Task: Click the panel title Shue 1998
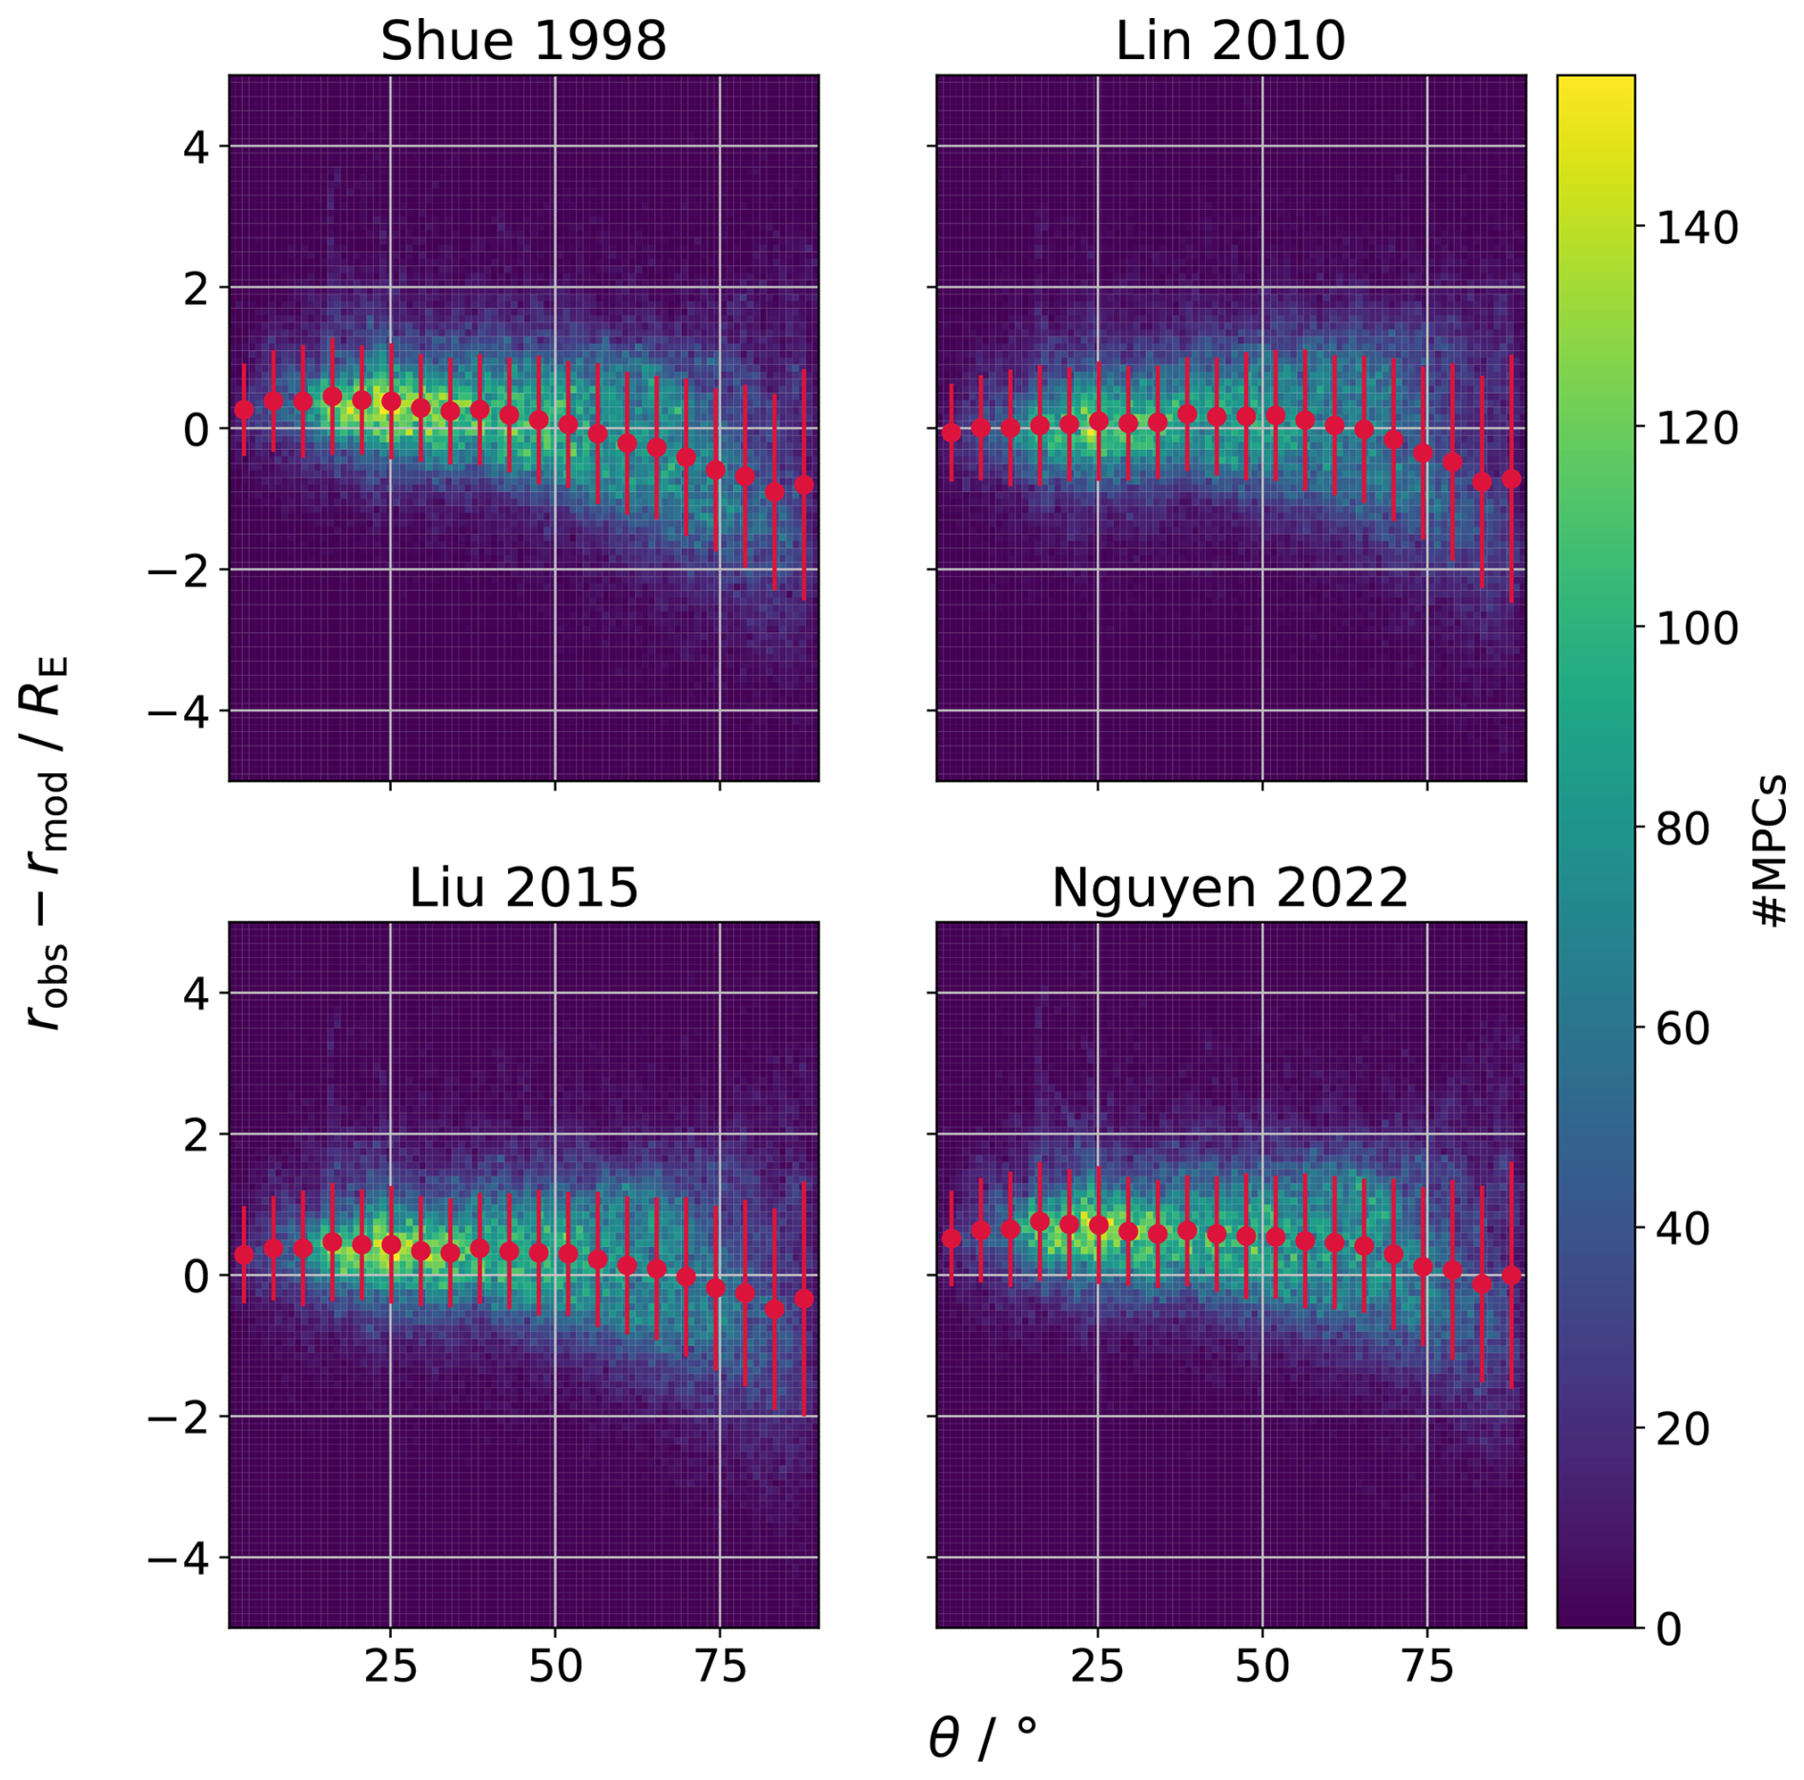523,41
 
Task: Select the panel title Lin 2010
1230,41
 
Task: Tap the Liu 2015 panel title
523,888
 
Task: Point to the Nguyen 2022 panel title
1230,888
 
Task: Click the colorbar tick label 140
1696,229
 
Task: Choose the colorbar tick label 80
1683,829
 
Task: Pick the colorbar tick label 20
1683,1429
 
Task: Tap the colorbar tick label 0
1669,1629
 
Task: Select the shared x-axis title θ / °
982,1737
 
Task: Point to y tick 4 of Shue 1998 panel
195,148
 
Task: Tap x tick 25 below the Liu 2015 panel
390,1666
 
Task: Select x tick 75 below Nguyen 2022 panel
1426,1666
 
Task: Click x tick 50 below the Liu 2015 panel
555,1666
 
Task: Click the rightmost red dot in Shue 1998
804,485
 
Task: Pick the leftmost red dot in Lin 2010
952,433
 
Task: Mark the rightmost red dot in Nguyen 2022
1511,1276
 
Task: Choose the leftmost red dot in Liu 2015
244,1255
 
